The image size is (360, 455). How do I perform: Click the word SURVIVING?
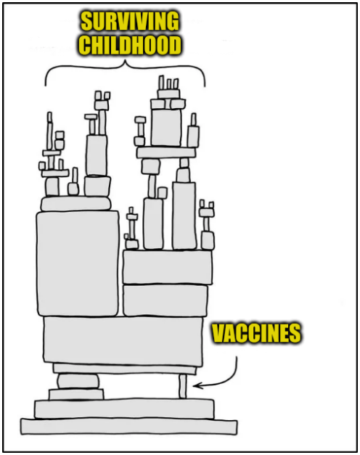click(x=130, y=21)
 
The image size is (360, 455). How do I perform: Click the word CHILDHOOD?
click(x=130, y=45)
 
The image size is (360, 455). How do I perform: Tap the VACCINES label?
click(x=256, y=333)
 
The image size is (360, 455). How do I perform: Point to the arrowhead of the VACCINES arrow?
click(x=196, y=385)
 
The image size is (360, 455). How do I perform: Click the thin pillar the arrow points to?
click(x=183, y=386)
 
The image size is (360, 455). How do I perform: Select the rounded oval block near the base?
click(x=78, y=381)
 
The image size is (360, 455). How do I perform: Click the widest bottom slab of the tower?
click(x=129, y=426)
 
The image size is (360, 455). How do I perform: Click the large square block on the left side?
click(x=78, y=263)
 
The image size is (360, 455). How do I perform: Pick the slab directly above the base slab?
click(x=125, y=409)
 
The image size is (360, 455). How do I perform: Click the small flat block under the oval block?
click(x=76, y=394)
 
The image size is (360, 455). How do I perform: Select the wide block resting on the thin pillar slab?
click(x=123, y=340)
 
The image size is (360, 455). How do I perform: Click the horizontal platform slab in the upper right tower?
click(x=166, y=152)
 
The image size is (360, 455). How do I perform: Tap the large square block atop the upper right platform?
click(x=166, y=127)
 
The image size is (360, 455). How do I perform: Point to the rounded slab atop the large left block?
click(x=75, y=203)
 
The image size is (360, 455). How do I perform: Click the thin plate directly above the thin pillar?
click(x=125, y=369)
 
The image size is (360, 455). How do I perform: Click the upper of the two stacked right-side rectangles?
click(x=167, y=266)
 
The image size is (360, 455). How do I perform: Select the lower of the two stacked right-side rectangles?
click(x=165, y=300)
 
